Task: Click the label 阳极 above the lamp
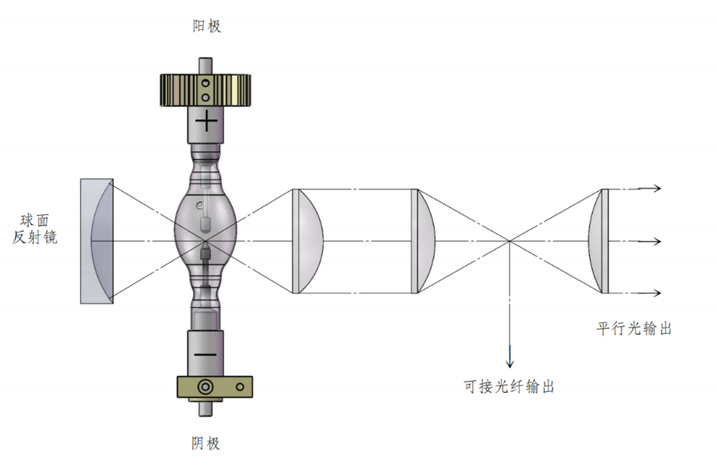(x=207, y=26)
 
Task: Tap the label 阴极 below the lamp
(x=205, y=443)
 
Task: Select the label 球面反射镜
(x=35, y=229)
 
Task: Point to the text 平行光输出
(x=633, y=328)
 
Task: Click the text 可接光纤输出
(x=509, y=387)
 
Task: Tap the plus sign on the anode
(x=206, y=122)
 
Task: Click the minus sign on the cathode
(x=205, y=354)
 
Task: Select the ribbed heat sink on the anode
(x=205, y=90)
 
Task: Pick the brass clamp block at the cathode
(x=214, y=387)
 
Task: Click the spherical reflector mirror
(x=97, y=241)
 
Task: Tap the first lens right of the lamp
(x=307, y=241)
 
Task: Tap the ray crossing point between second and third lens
(x=510, y=241)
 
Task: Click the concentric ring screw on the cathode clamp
(x=205, y=387)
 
